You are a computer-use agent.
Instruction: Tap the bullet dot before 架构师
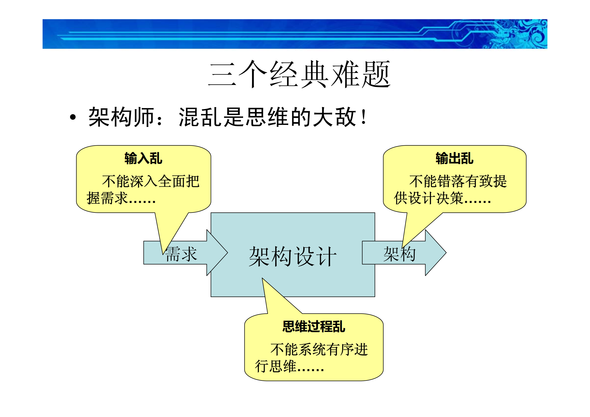click(73, 117)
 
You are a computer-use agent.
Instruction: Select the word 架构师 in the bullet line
click(121, 117)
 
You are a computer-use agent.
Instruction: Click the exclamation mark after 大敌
click(364, 117)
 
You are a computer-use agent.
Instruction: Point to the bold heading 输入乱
click(143, 159)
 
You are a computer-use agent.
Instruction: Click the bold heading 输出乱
click(454, 159)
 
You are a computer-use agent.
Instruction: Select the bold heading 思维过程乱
click(314, 327)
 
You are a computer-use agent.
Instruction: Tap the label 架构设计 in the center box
click(293, 256)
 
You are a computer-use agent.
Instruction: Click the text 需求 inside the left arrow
click(181, 254)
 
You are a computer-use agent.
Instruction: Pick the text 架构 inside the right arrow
click(399, 254)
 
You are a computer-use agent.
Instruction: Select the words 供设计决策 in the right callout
click(428, 198)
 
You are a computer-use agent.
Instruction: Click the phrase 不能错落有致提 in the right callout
click(458, 181)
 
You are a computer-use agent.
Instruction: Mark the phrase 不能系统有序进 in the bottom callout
click(319, 350)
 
